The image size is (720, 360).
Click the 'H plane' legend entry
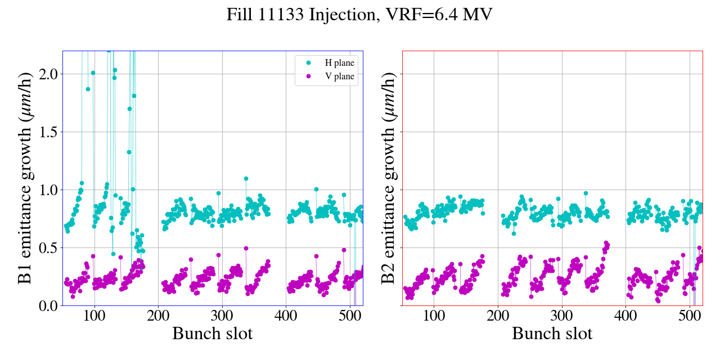click(x=340, y=63)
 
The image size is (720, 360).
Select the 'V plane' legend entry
click(x=340, y=76)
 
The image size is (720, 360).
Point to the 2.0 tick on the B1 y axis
click(x=46, y=74)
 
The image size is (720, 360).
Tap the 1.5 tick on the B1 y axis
click(x=46, y=132)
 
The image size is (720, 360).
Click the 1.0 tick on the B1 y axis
click(x=46, y=190)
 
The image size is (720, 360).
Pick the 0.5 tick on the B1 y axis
click(x=46, y=248)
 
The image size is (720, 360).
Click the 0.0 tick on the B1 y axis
click(x=46, y=306)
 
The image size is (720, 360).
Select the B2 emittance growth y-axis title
click(x=389, y=178)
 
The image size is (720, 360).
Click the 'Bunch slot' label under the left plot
click(x=213, y=334)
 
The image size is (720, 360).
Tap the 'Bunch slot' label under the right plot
click(x=552, y=334)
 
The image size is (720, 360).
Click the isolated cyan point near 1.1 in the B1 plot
click(x=246, y=178)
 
